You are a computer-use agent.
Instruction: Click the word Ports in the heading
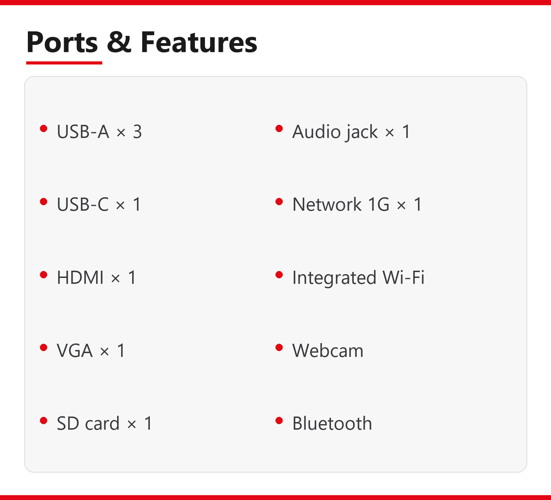click(62, 42)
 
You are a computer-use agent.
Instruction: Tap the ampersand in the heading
click(119, 42)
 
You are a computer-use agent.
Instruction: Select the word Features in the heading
click(199, 42)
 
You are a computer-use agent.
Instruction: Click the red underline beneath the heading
click(64, 63)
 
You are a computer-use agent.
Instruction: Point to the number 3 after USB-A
click(137, 131)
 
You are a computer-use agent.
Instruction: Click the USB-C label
click(83, 204)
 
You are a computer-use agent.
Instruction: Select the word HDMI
click(80, 277)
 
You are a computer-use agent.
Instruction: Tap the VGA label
click(74, 350)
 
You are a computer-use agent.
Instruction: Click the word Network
click(327, 204)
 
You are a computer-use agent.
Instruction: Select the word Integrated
click(334, 278)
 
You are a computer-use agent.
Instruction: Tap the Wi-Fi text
click(403, 277)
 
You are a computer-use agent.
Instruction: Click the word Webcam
click(328, 350)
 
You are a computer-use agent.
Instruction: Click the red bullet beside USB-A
click(44, 129)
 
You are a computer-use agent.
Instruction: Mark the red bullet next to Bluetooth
click(279, 421)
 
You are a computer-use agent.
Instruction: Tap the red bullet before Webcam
click(279, 348)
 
